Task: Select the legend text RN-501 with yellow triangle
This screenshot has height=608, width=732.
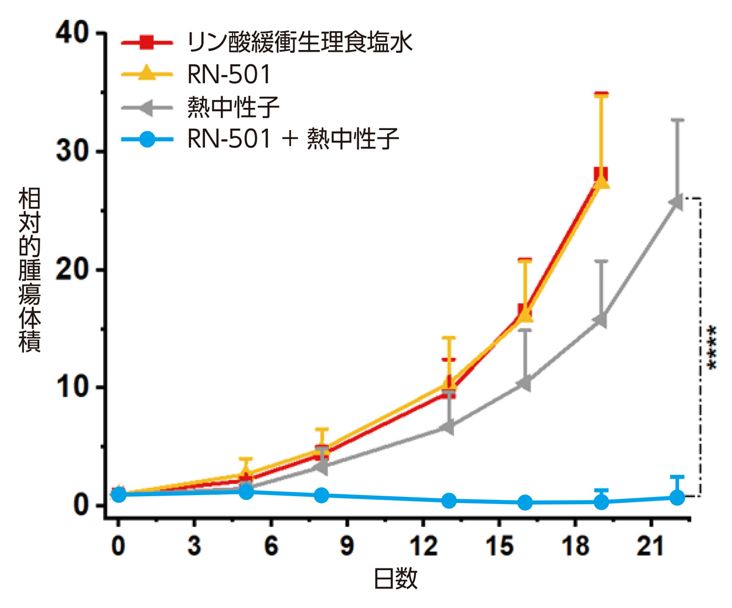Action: (x=229, y=75)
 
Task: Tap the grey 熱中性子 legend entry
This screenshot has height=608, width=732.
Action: (x=235, y=108)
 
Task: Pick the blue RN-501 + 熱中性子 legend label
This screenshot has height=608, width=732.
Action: (x=293, y=140)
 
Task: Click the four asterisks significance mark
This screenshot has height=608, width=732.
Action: (x=711, y=347)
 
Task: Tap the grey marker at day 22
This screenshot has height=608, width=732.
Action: (x=676, y=202)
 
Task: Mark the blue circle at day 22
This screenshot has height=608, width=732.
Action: (x=676, y=498)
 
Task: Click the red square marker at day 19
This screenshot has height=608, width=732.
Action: (x=601, y=174)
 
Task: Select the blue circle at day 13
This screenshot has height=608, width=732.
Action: (x=449, y=501)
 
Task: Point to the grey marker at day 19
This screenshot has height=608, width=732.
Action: (x=600, y=319)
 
